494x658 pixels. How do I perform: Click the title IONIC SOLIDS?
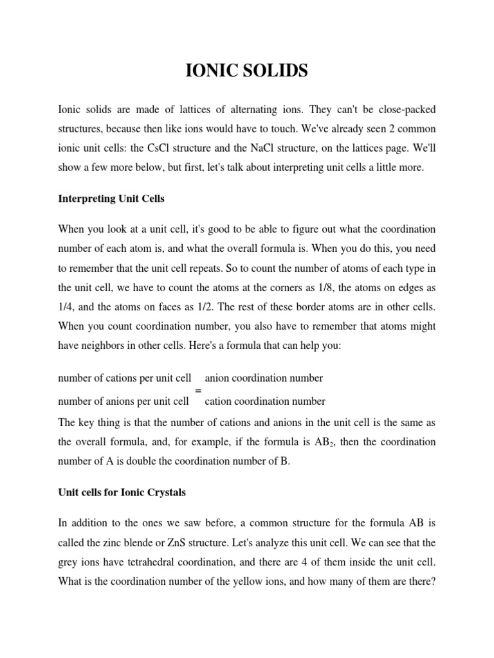[x=246, y=71]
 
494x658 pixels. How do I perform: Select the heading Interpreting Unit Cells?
[x=111, y=199]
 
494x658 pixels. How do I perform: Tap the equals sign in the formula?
[x=197, y=390]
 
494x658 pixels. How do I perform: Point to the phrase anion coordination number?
[x=264, y=378]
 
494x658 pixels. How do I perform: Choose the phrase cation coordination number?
[x=265, y=402]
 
